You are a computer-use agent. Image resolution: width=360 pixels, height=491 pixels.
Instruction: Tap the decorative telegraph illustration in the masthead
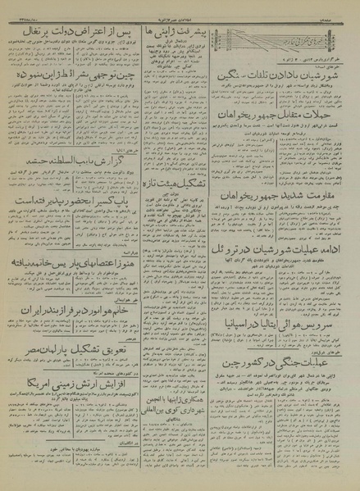pos(278,38)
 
